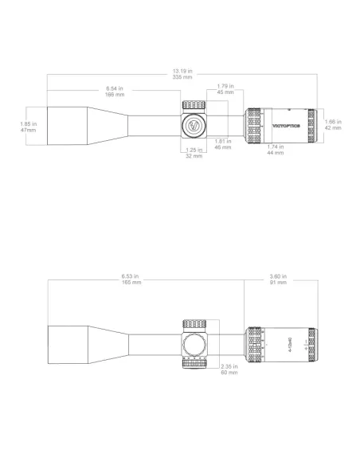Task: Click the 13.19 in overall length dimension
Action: (180, 73)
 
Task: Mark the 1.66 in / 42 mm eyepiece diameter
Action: (335, 124)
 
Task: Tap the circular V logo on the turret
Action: (193, 125)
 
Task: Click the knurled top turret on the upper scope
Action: (194, 107)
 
